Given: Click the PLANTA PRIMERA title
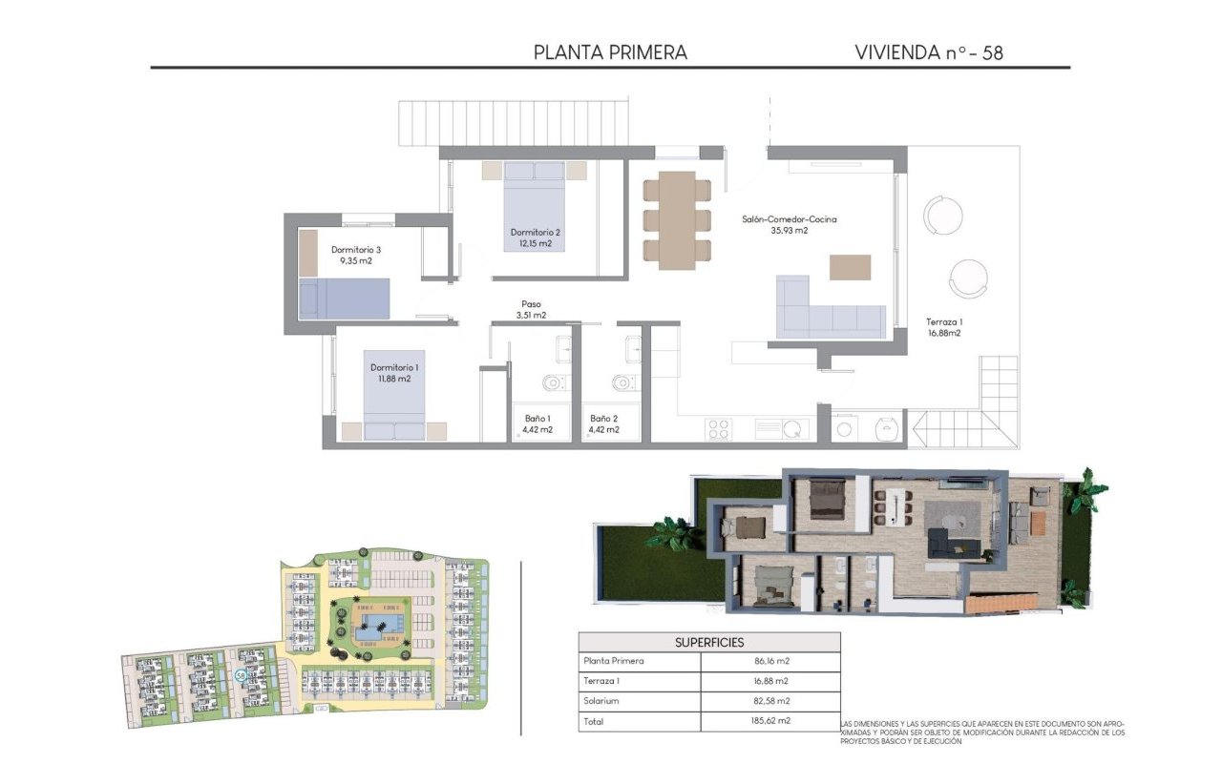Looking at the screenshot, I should coord(610,52).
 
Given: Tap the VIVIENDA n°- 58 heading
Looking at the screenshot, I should coord(928,52).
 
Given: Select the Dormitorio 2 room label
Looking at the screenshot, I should coord(535,237).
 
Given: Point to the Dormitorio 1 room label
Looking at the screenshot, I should coord(393,372).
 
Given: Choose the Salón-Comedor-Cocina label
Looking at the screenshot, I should coord(789,224).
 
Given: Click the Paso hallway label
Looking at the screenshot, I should coord(531,309).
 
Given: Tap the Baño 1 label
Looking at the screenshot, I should coord(537,423).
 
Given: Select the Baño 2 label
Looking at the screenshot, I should coord(603,423).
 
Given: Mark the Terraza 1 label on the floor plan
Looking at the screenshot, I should coord(943,327).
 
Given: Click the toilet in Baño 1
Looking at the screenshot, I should coord(554,383).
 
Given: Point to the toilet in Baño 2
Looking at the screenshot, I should coord(622,383).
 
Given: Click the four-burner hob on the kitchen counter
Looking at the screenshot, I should coord(719,429).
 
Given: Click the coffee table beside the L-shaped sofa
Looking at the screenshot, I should coord(850,267).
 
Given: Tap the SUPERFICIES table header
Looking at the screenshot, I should coord(709,642).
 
